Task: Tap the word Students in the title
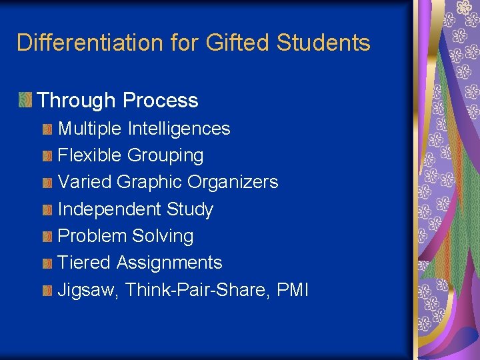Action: click(323, 43)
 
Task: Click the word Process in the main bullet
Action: click(161, 101)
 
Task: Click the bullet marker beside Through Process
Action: click(25, 101)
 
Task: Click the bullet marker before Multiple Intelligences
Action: click(47, 129)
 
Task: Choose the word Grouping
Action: click(165, 155)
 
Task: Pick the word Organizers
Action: click(233, 182)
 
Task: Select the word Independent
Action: click(109, 209)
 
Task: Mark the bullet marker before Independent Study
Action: click(47, 210)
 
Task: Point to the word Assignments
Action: click(169, 263)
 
